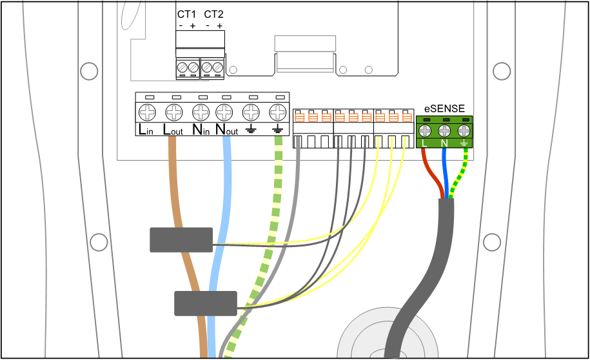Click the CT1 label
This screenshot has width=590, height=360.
pos(186,14)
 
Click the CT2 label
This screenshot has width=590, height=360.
pos(213,14)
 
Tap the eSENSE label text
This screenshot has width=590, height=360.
pos(444,108)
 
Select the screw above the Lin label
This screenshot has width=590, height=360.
pos(148,112)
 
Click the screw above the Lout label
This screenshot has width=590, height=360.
pos(173,112)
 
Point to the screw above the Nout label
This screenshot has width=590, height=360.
pos(224,112)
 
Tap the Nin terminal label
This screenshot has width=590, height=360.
pos(201,130)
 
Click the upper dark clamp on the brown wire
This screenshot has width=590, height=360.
pos(181,239)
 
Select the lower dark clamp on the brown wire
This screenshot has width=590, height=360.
pos(206,303)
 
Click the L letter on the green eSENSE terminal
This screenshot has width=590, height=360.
pos(424,143)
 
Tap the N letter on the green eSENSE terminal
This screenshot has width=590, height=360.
pos(444,143)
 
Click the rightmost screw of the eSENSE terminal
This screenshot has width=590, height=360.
pos(464,132)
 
